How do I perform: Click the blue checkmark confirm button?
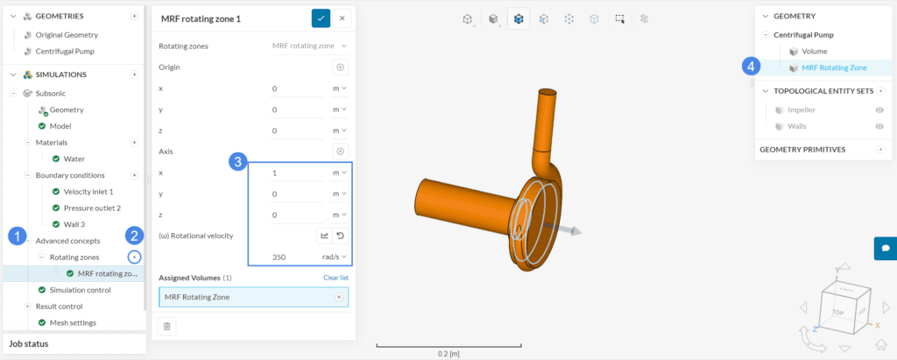(x=321, y=18)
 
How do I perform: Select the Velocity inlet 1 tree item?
(x=88, y=191)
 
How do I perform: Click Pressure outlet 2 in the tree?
(x=92, y=208)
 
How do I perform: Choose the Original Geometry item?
(x=67, y=35)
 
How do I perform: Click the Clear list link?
(x=335, y=278)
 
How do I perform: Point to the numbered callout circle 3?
(x=237, y=161)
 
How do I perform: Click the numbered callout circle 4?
(x=751, y=65)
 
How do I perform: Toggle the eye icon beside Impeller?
(x=879, y=110)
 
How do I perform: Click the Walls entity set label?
(x=797, y=126)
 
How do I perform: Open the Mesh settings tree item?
(x=74, y=322)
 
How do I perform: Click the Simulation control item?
(x=80, y=290)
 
